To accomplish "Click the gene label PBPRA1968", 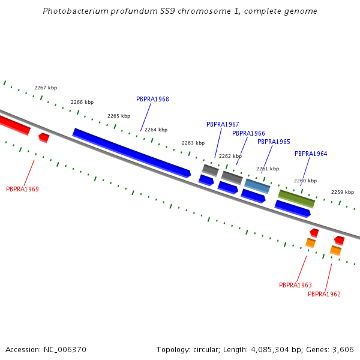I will (x=152, y=100).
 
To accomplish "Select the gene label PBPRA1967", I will (x=223, y=125).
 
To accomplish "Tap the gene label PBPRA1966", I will (x=248, y=134).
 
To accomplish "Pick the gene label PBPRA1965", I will (x=274, y=142).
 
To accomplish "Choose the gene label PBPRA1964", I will (x=311, y=154).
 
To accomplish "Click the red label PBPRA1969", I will (x=22, y=190).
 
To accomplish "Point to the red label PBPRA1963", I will (x=295, y=286).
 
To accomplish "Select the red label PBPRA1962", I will (x=324, y=295).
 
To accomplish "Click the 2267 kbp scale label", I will (x=46, y=88).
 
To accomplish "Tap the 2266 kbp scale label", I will (x=82, y=103).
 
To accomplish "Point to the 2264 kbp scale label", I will (x=156, y=130).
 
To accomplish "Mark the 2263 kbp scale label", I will (x=193, y=143).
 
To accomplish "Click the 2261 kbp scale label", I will (x=268, y=169).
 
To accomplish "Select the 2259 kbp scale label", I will (x=343, y=193).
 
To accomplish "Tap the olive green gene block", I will (x=296, y=199).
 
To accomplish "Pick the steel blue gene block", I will (x=257, y=186).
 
